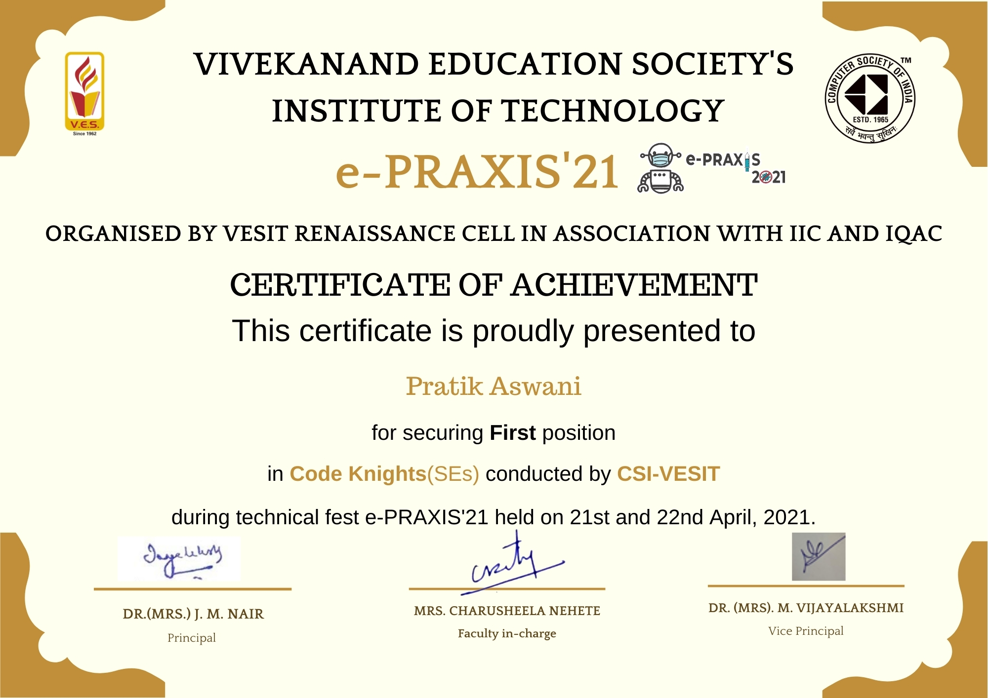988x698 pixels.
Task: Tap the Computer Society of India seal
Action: [x=870, y=98]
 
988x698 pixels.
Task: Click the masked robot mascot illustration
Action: [x=660, y=168]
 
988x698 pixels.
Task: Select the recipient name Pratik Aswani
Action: [x=494, y=387]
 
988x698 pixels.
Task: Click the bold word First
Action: [x=512, y=433]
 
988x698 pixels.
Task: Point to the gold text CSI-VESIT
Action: [x=668, y=474]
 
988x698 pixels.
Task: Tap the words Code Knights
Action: [x=358, y=474]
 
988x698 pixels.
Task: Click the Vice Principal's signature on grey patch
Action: [x=819, y=556]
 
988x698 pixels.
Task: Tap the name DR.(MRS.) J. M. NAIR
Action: [x=193, y=614]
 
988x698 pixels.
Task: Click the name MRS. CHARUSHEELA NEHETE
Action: [x=507, y=611]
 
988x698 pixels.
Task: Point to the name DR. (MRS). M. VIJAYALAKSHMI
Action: [x=806, y=608]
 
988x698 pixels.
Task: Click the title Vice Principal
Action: [x=806, y=631]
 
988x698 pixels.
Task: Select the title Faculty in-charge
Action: [x=507, y=633]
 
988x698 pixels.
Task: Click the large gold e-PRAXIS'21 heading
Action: [x=477, y=172]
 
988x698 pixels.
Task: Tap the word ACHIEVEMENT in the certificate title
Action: [x=634, y=285]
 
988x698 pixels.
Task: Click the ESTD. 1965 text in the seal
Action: [x=870, y=120]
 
